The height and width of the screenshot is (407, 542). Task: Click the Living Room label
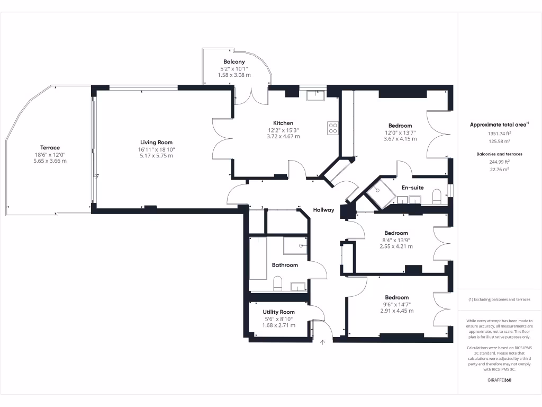pos(156,142)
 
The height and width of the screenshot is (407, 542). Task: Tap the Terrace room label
pos(50,147)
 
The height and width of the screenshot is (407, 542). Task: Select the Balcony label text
pos(234,62)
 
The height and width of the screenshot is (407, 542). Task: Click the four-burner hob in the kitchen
pos(333,128)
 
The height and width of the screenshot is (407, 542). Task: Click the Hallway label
pos(323,210)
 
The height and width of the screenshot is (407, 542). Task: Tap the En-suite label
pos(412,188)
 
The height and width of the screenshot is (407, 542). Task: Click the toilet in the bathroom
pos(278,284)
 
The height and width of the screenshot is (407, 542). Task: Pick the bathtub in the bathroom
pos(258,258)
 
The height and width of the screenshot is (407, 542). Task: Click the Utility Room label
pos(278,312)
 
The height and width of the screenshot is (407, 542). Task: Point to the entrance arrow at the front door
pos(322,342)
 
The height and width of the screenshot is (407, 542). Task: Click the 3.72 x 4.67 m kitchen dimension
pos(283,136)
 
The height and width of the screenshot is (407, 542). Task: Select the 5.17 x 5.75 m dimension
pos(156,155)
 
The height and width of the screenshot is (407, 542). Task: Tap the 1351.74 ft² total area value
pos(499,134)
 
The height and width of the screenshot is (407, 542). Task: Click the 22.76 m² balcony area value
pos(499,169)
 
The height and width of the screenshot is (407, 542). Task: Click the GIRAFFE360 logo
pos(499,380)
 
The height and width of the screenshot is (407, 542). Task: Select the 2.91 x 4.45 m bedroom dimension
pos(396,311)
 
